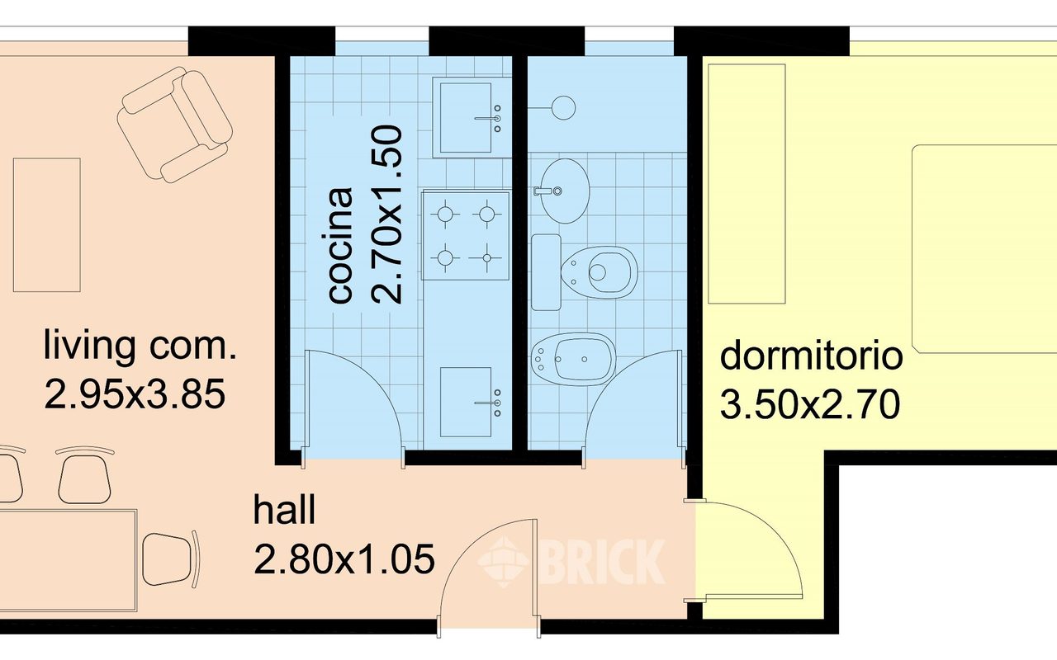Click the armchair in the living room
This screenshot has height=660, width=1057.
coord(175,125)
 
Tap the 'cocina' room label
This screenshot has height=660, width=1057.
coord(341,245)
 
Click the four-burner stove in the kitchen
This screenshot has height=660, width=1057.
coord(467,235)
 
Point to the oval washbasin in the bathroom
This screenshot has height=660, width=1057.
coord(562,191)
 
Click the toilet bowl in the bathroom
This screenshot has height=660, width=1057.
coord(600,272)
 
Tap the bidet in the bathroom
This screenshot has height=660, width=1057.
coord(573,359)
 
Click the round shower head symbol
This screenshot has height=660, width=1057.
coord(563,107)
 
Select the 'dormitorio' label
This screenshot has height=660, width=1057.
coord(811,356)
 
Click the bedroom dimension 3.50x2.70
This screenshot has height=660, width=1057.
coord(810,404)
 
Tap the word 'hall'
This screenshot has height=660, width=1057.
coord(284,510)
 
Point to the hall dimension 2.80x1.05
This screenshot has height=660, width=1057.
coord(344,559)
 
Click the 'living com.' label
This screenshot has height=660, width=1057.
coord(140,346)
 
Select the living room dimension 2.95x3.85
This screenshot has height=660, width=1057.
coord(135,394)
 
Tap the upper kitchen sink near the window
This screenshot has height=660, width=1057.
coord(471,118)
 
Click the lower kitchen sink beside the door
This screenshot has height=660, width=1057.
coord(471,403)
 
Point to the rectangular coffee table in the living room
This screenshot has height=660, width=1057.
coord(47,225)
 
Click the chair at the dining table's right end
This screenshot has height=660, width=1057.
coord(171,559)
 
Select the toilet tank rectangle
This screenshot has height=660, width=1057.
coord(546,272)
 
